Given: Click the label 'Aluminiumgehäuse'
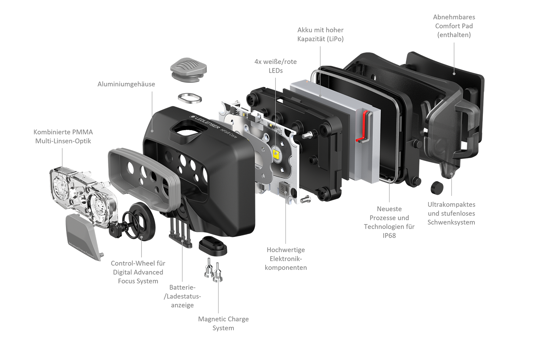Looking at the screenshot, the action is coord(126,84).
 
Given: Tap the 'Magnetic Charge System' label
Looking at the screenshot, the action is coord(223,323).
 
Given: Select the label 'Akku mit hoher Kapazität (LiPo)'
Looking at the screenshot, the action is coord(320,34).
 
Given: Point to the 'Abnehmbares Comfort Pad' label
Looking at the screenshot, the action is coord(454,26).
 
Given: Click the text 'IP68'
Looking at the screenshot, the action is coord(389,235).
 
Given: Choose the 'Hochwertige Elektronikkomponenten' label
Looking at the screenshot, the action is coord(286,259).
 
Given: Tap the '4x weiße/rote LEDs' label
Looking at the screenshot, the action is coord(275,66).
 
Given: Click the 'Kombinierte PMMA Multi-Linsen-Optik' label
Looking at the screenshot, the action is coord(63,136).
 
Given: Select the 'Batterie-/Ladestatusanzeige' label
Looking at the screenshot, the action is coord(182,296).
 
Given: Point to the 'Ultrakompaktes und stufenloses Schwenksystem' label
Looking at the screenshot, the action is coord(451,213).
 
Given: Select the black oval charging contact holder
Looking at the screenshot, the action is coord(213,246).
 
